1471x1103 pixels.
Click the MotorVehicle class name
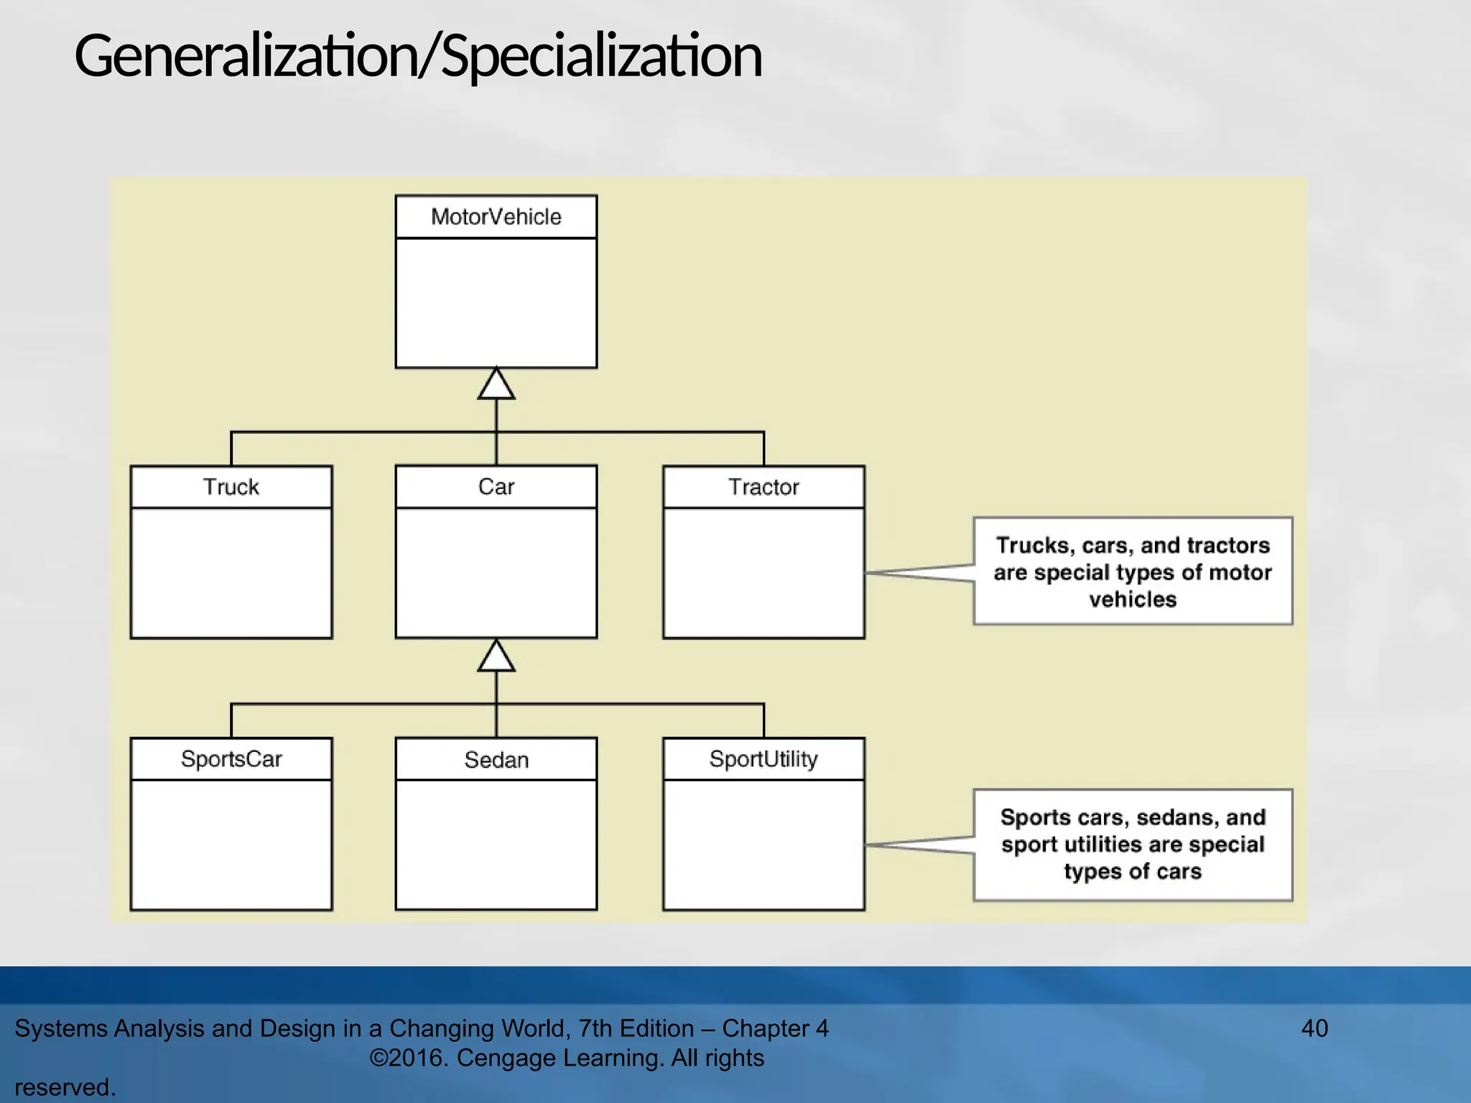point(496,217)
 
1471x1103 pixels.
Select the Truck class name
point(231,487)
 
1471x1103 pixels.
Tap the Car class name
point(496,487)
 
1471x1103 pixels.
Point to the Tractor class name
point(764,487)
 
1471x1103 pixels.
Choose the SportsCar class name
point(231,759)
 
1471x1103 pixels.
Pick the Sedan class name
point(496,759)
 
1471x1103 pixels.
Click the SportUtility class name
point(764,759)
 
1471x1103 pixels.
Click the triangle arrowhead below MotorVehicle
point(496,384)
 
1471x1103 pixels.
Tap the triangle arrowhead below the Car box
point(496,656)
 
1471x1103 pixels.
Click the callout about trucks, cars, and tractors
point(1133,572)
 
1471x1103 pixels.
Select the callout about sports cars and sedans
point(1133,844)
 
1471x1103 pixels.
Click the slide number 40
point(1314,1028)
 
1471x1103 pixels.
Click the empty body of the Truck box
point(231,572)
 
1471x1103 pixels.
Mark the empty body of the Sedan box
point(496,844)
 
